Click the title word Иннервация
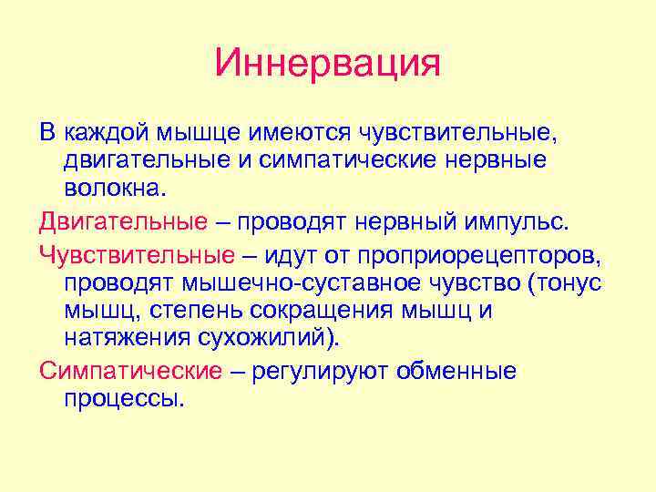click(328, 64)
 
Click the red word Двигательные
click(123, 222)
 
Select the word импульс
click(516, 222)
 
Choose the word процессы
click(124, 399)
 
